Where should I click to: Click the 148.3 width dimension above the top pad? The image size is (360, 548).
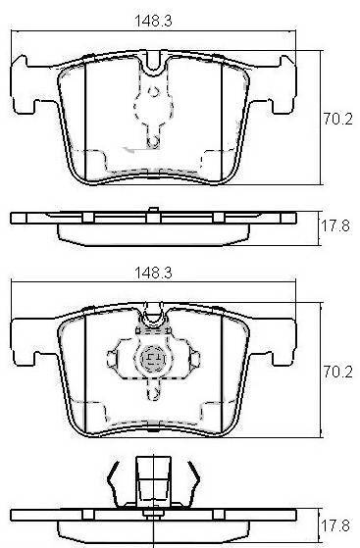tap(153, 21)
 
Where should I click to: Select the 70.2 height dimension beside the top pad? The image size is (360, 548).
tap(337, 120)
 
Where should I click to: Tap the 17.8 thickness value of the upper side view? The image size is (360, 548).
tap(335, 225)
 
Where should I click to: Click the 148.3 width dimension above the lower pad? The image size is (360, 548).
tap(153, 273)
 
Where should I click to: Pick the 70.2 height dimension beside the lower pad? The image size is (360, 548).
tap(337, 372)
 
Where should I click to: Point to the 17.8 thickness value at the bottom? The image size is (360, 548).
tap(335, 525)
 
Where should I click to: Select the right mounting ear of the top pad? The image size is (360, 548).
tap(275, 85)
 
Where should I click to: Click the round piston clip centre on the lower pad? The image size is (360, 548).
tap(153, 358)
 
